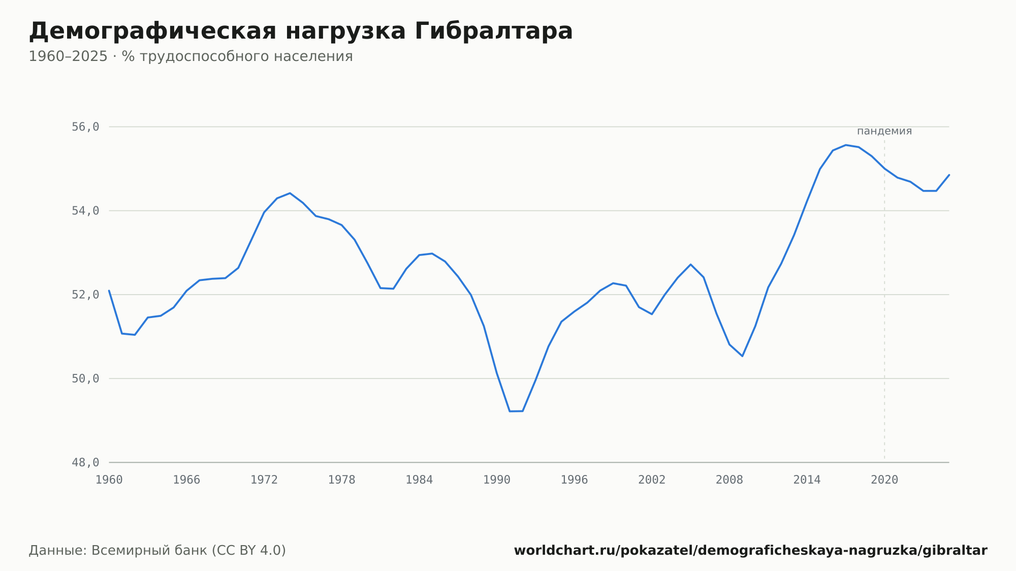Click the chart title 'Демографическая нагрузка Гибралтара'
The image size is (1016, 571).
301,31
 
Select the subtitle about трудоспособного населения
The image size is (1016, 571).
190,56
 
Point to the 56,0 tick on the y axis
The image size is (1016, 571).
85,127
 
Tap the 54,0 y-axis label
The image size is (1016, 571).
85,211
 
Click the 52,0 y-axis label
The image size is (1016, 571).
85,295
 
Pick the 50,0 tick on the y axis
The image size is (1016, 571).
85,378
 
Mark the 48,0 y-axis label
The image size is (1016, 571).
85,462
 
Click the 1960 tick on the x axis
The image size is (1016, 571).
109,480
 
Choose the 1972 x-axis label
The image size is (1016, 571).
264,480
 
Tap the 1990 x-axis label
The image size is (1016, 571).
497,480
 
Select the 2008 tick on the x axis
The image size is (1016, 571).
729,480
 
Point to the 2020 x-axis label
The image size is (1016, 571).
884,480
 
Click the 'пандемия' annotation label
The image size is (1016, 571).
884,131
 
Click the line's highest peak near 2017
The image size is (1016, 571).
846,145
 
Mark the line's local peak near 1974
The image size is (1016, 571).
290,193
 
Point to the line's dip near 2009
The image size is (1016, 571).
742,356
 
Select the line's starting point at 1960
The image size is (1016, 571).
109,291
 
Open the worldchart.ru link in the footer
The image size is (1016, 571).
751,551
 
